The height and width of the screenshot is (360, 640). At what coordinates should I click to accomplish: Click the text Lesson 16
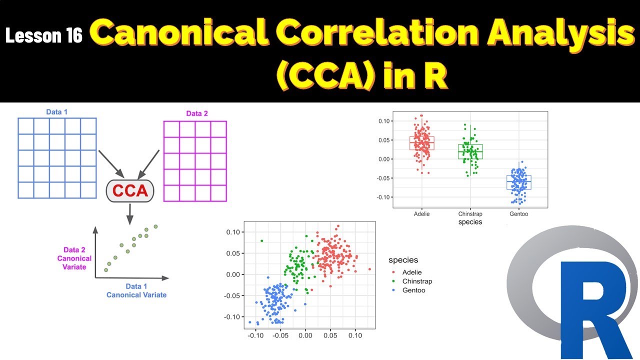click(x=44, y=35)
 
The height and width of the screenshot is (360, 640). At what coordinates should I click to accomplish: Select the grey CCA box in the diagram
click(x=130, y=191)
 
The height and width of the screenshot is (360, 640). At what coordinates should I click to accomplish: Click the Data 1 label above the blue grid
click(x=57, y=112)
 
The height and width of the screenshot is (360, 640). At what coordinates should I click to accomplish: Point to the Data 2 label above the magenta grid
click(x=197, y=113)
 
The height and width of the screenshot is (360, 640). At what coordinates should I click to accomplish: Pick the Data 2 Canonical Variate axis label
click(x=74, y=258)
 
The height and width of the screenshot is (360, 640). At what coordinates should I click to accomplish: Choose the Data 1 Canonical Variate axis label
click(x=136, y=290)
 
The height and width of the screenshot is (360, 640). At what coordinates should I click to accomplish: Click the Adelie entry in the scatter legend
click(x=411, y=272)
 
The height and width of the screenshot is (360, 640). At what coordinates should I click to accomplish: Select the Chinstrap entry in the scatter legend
click(x=416, y=281)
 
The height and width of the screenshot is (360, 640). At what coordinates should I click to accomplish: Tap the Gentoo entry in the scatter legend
click(x=413, y=290)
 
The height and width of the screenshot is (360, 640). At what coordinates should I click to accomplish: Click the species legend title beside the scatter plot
click(x=403, y=260)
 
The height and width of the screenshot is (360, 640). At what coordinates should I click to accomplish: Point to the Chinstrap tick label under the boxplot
click(x=470, y=214)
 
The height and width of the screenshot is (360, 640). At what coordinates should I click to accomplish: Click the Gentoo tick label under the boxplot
click(x=518, y=214)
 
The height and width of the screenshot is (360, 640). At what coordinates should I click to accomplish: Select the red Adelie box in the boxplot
click(x=421, y=143)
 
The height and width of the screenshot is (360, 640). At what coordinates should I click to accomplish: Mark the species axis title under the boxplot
click(x=470, y=222)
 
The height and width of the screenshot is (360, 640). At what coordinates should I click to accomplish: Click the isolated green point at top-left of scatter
click(x=261, y=241)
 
